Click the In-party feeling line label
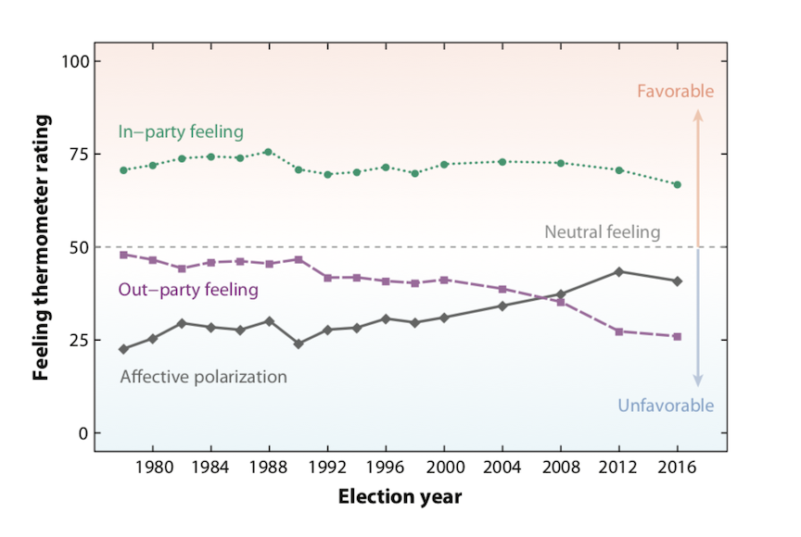[x=181, y=131]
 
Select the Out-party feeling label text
[x=188, y=290]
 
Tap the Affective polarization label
[x=204, y=377]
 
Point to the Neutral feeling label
[x=602, y=232]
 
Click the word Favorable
[x=676, y=91]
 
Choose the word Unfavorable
[x=666, y=406]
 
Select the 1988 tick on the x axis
[x=267, y=468]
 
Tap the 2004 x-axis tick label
[x=502, y=468]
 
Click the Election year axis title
[x=400, y=497]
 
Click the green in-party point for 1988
[x=267, y=152]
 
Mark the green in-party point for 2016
[x=678, y=184]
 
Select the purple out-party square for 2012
[x=619, y=331]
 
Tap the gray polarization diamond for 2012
[x=619, y=271]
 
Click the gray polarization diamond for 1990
[x=298, y=343]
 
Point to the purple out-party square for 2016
[x=678, y=336]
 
